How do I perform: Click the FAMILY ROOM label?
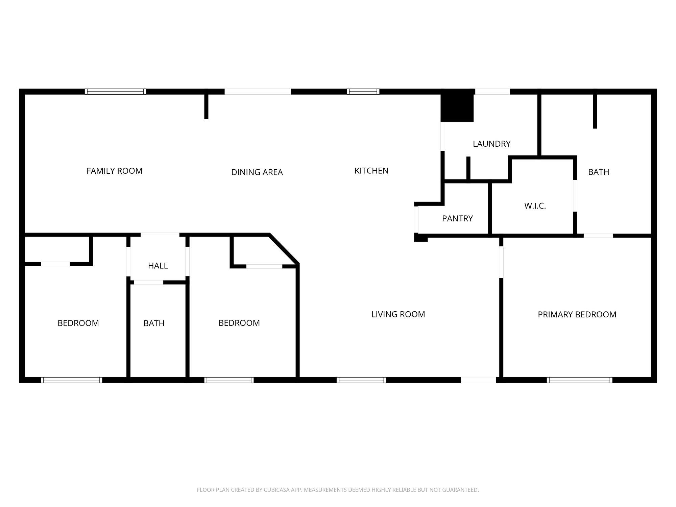[x=114, y=171]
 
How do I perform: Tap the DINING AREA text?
[x=257, y=172]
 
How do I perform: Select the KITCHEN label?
[x=371, y=171]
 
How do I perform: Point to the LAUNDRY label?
[x=491, y=144]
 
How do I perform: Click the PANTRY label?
[x=457, y=219]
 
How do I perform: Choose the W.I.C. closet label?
[x=535, y=206]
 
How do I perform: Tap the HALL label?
[x=158, y=266]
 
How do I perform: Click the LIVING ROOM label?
[x=398, y=314]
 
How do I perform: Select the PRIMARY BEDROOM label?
[x=577, y=315]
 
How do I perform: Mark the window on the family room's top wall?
[x=115, y=92]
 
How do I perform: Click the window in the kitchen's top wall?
[x=363, y=92]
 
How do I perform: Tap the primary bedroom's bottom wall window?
[x=579, y=380]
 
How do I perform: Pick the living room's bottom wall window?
[x=361, y=380]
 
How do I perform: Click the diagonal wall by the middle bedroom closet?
[x=284, y=248]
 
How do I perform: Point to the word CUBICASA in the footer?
[x=276, y=490]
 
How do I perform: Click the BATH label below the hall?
[x=154, y=323]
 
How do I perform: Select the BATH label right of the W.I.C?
[x=599, y=172]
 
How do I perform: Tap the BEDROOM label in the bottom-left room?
[x=78, y=323]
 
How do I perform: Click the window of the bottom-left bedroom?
[x=71, y=380]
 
